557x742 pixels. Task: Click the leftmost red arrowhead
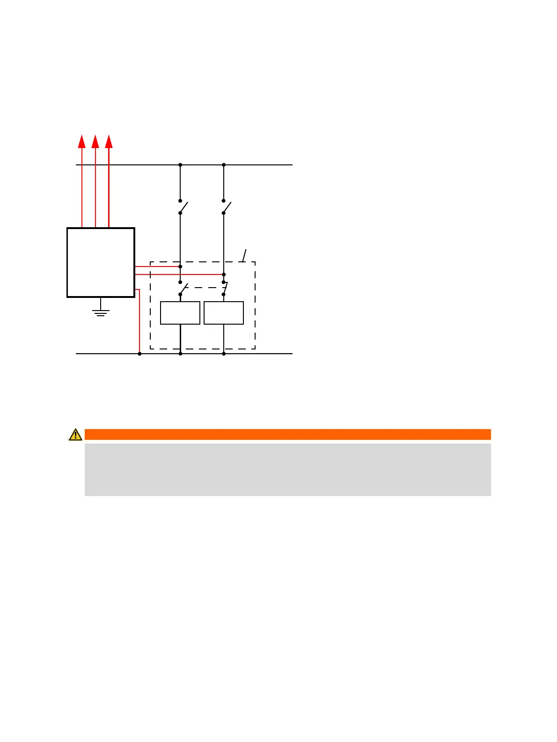82,141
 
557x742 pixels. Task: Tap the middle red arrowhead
95,141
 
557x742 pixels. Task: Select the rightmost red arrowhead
109,141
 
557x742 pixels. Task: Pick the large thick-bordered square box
101,262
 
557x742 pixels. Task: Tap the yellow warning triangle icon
75,435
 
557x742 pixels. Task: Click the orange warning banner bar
287,435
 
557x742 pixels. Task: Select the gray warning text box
287,469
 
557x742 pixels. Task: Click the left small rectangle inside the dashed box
180,313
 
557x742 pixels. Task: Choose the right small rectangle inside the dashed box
224,313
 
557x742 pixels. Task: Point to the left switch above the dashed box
183,207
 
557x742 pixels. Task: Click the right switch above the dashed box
226,207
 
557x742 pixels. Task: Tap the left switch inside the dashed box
183,289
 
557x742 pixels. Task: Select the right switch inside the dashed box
225,289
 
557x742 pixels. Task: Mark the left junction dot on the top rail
180,165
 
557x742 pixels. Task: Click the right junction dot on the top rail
224,165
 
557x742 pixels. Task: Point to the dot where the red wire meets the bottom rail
139,354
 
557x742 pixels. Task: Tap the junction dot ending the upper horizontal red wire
180,267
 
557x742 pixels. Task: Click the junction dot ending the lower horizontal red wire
224,275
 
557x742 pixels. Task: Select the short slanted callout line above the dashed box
244,255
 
